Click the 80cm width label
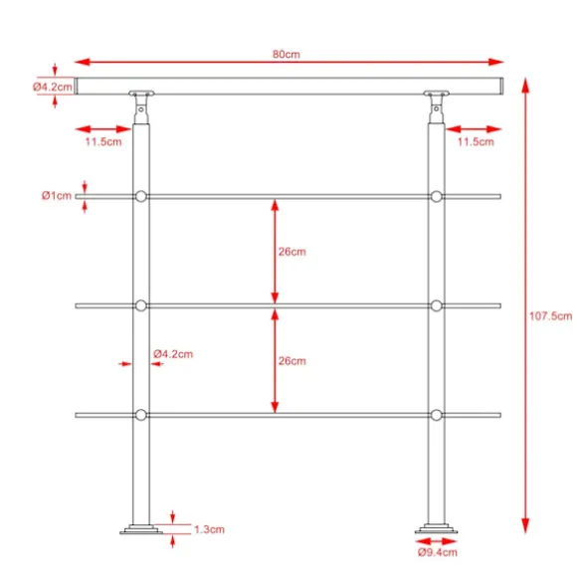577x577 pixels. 287,54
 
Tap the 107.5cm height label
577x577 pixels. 550,316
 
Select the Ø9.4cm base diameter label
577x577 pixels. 438,552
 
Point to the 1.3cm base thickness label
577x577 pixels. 209,529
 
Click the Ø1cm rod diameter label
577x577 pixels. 57,195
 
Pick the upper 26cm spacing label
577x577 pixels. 291,252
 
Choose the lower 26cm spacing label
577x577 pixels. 291,361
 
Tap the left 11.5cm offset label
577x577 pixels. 103,141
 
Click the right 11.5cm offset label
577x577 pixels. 476,141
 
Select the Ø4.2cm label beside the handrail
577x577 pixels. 53,87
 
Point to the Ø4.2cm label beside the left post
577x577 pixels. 173,354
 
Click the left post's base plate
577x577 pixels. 141,529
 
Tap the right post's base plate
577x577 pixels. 437,529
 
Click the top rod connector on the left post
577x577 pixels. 141,197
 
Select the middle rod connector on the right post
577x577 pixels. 437,305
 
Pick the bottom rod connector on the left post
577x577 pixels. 141,415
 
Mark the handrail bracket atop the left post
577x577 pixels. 141,107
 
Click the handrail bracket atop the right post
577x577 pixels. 437,107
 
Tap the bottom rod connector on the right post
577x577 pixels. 437,415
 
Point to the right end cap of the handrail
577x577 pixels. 501,87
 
